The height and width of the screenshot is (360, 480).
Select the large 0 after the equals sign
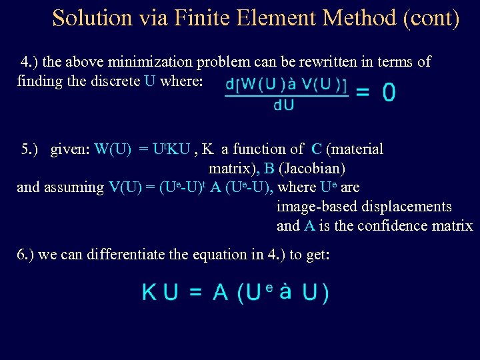[x=389, y=93]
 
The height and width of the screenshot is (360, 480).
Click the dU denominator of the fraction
[x=284, y=105]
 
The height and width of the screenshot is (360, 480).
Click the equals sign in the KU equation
[x=195, y=293]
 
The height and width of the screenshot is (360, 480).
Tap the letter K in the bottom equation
[x=150, y=293]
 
